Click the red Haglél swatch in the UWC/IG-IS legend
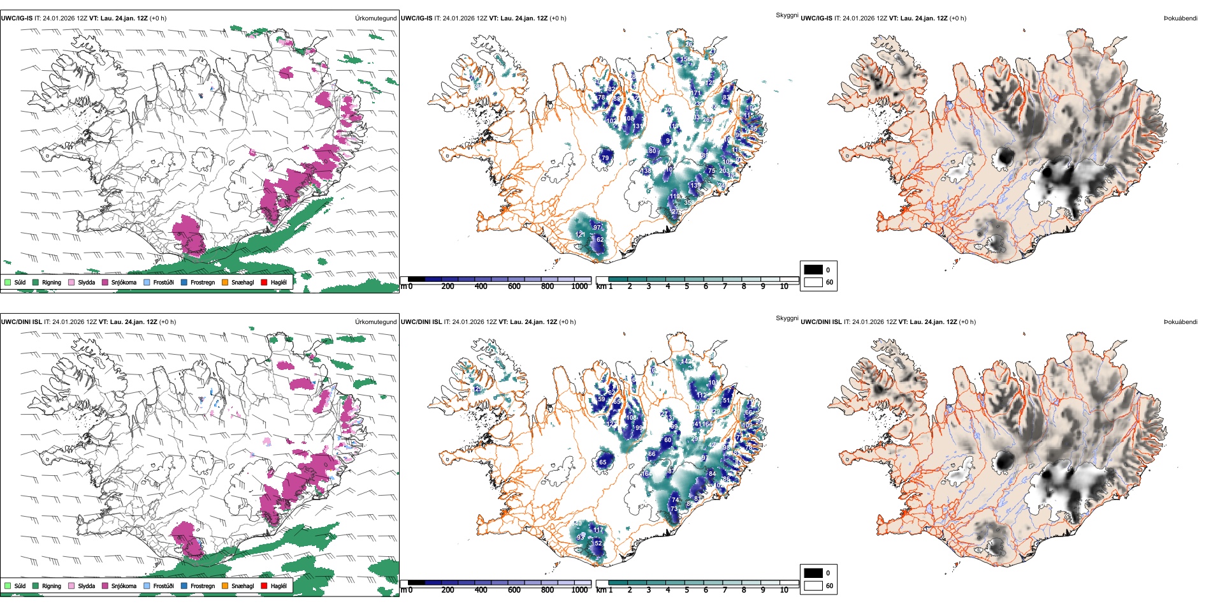coord(265,282)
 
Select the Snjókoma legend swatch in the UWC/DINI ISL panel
coord(105,586)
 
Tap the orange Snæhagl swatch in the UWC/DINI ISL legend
coord(225,586)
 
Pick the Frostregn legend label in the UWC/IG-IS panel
coord(202,282)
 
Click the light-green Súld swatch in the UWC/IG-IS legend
coord(8,282)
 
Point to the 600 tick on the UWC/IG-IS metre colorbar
coord(514,286)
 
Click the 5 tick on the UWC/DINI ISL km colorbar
coord(686,590)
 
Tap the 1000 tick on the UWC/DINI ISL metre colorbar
coord(579,590)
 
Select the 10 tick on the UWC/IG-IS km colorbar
coord(784,286)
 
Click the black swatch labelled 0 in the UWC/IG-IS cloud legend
coord(813,269)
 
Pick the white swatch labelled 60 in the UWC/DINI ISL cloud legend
coord(813,586)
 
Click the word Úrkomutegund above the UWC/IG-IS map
coord(375,18)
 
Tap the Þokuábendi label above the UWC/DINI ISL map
coord(1180,322)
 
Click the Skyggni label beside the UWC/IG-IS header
coord(787,15)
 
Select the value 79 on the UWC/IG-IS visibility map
coord(605,158)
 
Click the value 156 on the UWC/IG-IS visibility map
coord(685,59)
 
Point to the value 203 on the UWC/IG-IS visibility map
coord(724,171)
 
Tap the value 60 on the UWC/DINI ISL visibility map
coord(667,440)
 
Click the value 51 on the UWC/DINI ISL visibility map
coord(727,401)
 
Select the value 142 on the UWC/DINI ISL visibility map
coord(685,362)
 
